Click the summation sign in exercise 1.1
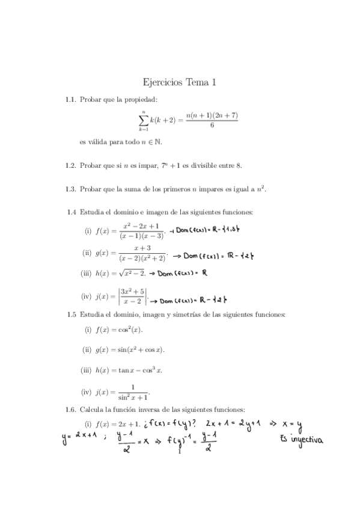[x=144, y=120]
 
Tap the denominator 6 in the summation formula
[x=212, y=126]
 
